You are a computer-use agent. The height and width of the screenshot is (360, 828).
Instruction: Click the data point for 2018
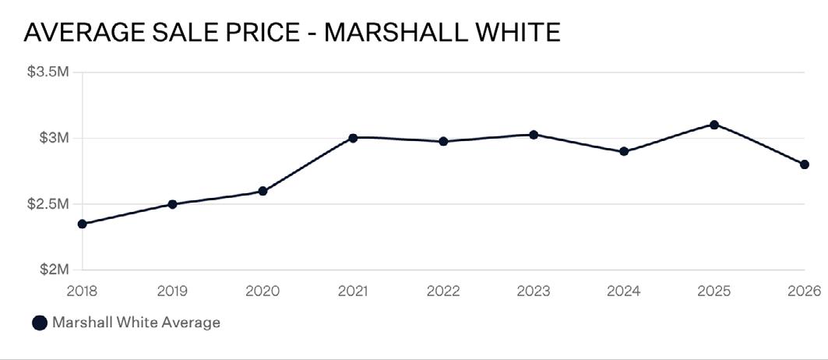83,224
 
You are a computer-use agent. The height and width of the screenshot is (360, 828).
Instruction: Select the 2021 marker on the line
354,138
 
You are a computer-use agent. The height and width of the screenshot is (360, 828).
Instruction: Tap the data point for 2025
714,125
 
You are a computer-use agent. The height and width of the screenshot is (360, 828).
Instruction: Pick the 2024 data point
624,152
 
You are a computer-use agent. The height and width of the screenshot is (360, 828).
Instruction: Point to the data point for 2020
263,192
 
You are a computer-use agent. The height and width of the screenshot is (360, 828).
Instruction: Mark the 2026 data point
804,164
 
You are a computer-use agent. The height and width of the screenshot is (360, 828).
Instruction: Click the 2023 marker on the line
534,135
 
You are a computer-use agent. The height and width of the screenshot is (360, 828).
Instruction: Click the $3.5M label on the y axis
48,72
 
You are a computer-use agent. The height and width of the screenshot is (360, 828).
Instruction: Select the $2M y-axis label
55,270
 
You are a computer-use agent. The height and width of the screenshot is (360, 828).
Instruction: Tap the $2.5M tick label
48,204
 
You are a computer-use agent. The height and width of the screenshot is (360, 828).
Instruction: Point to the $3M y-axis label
55,139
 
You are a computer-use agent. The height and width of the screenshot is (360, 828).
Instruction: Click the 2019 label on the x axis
173,291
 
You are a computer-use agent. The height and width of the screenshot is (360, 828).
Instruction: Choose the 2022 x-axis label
443,291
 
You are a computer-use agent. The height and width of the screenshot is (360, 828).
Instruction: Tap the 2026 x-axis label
804,291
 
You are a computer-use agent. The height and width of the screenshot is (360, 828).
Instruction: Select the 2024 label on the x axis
624,291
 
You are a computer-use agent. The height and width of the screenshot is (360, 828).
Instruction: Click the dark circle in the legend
40,323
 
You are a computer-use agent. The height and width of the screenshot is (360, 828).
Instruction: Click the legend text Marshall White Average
136,323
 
